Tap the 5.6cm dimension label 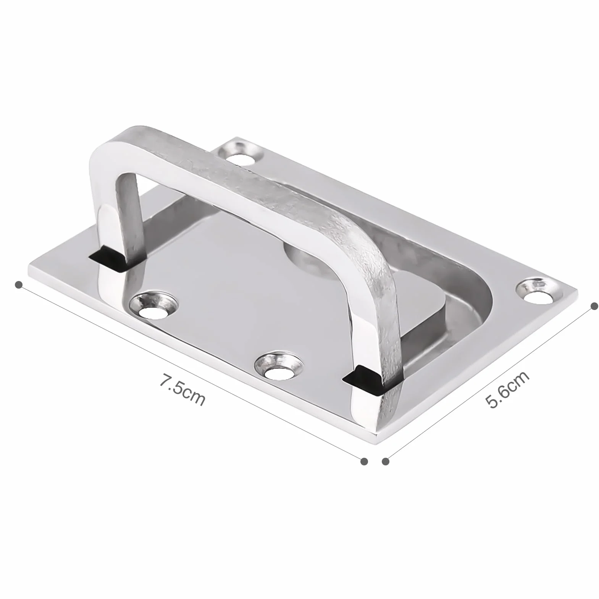pyautogui.click(x=507, y=389)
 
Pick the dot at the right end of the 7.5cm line pyautogui.click(x=365, y=461)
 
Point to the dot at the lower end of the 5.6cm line pyautogui.click(x=386, y=461)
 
